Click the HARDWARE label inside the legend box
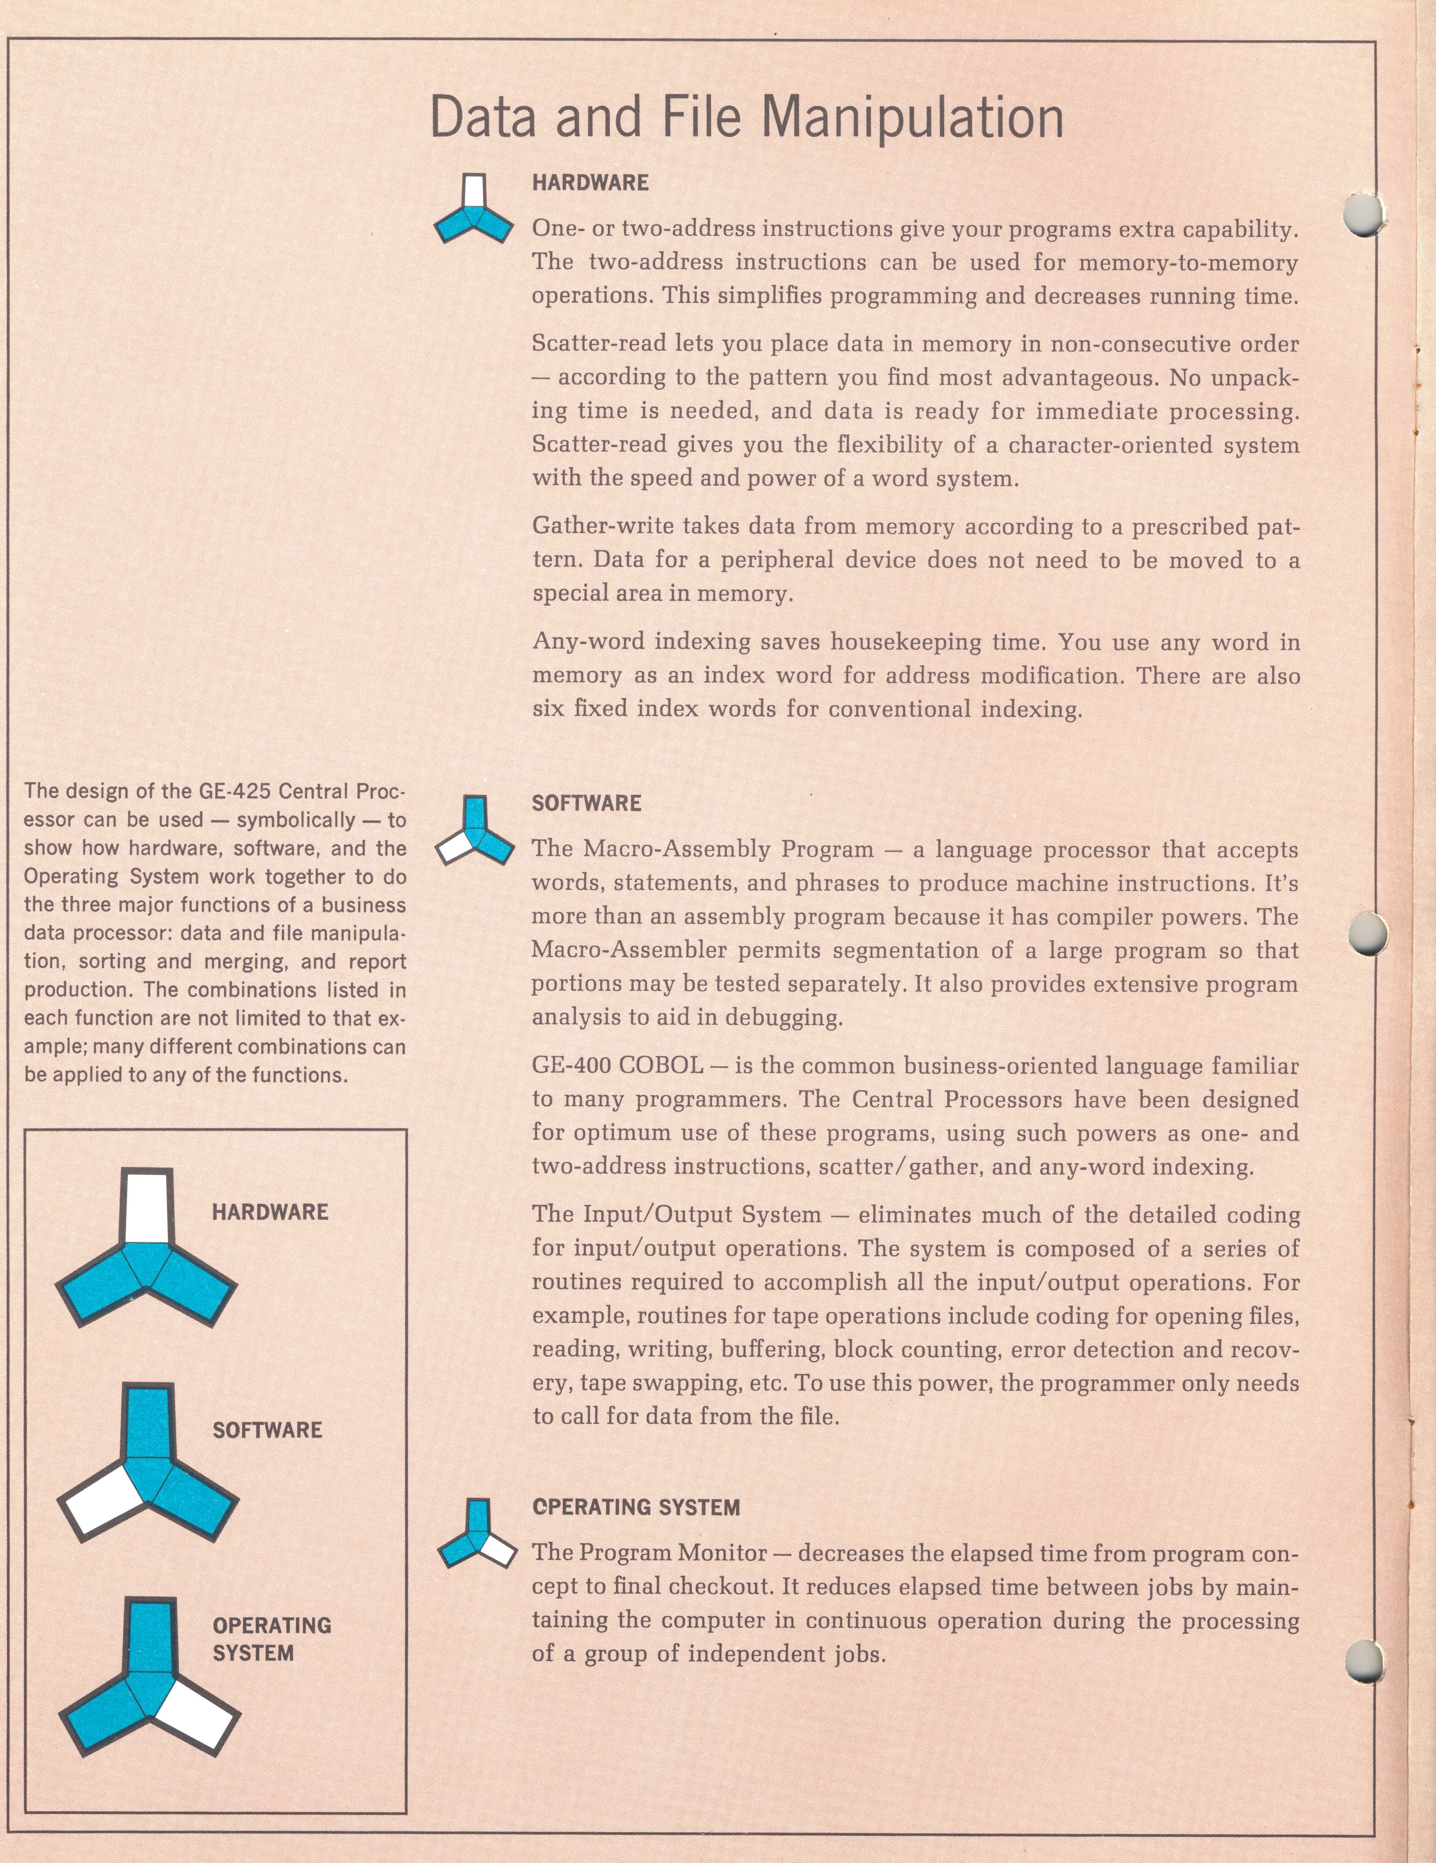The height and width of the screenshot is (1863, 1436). (x=270, y=1212)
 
